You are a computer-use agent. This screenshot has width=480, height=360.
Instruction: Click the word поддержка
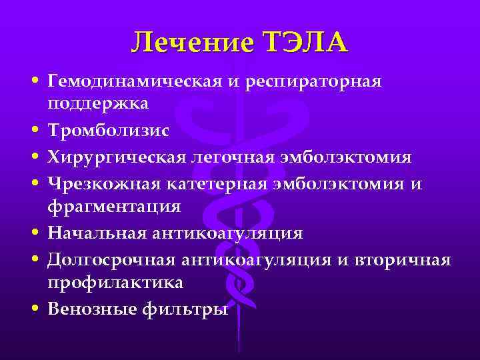click(98, 105)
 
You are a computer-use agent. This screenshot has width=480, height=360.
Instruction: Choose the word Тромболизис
click(108, 131)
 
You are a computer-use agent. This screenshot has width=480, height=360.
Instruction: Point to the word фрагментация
click(114, 207)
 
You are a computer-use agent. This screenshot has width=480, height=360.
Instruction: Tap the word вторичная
click(406, 259)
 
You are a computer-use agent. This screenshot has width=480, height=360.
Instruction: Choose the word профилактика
click(115, 283)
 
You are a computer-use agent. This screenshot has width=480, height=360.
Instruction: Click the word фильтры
click(189, 309)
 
